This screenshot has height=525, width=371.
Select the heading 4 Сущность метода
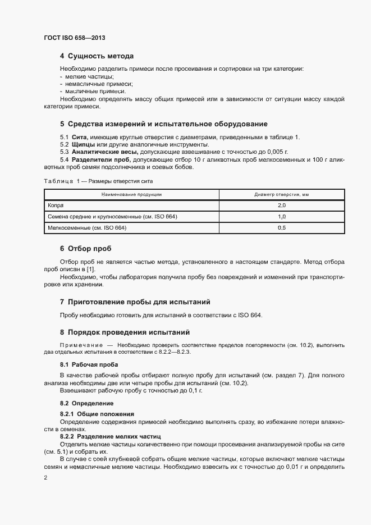96,56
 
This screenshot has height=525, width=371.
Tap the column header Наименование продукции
131,194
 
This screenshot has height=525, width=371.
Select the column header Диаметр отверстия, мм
282,194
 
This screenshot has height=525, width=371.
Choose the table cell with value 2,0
282,205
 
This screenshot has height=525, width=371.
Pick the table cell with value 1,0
282,216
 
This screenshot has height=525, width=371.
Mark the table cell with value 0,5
282,228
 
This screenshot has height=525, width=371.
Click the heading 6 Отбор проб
89,248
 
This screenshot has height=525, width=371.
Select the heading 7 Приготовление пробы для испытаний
135,302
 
